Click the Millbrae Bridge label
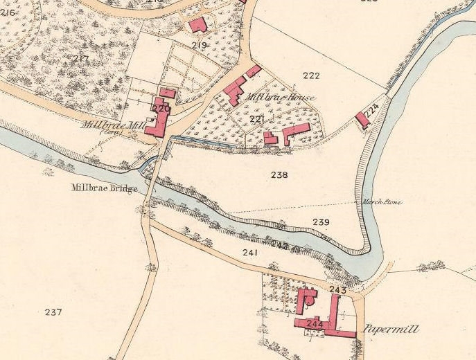(x=104, y=188)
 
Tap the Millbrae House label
(x=276, y=98)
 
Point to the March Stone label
(x=382, y=202)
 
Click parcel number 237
(x=53, y=312)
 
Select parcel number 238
(x=279, y=175)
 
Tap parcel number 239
(x=321, y=222)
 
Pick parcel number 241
(x=250, y=253)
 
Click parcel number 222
(x=312, y=75)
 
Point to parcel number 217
(x=80, y=58)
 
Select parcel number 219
(x=200, y=46)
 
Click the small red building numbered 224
(x=362, y=120)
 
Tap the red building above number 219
(x=198, y=26)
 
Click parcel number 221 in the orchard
(x=257, y=120)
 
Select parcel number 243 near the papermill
(x=338, y=289)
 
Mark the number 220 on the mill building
(x=161, y=109)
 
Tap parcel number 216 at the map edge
(x=8, y=12)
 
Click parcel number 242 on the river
(x=279, y=245)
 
